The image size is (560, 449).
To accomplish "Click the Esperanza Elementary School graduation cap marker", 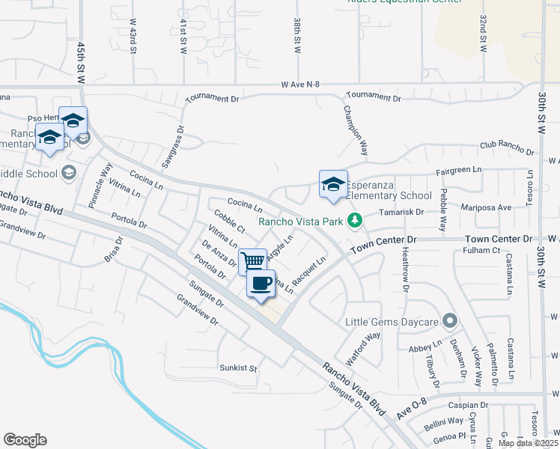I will (x=334, y=185).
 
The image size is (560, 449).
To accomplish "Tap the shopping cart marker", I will (x=253, y=261).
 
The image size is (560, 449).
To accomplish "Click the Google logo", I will (x=25, y=440).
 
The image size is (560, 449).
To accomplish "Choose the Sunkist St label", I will (x=238, y=368).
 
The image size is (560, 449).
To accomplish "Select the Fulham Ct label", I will (x=482, y=251).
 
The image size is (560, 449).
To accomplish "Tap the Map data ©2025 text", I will (x=527, y=443).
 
